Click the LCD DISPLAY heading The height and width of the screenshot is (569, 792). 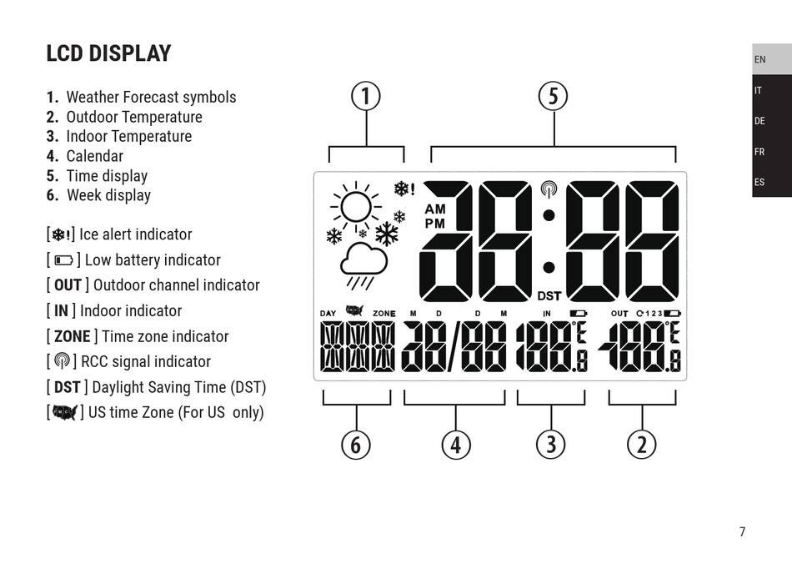(108, 53)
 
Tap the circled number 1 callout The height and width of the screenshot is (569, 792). (366, 97)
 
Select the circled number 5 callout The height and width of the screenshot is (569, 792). (553, 97)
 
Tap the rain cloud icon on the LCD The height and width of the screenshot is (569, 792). (363, 260)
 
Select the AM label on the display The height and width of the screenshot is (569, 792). (435, 209)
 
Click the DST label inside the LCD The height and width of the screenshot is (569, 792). (549, 295)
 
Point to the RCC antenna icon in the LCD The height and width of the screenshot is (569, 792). (549, 189)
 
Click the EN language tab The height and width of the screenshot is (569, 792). (760, 60)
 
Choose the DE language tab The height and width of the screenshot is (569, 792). (760, 121)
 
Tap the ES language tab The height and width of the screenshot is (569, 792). (760, 182)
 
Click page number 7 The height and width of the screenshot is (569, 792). (742, 531)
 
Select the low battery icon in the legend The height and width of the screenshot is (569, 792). (63, 260)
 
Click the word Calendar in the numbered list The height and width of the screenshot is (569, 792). (94, 156)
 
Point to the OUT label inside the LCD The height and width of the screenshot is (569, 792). (619, 313)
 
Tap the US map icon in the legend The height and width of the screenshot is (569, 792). (63, 412)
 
